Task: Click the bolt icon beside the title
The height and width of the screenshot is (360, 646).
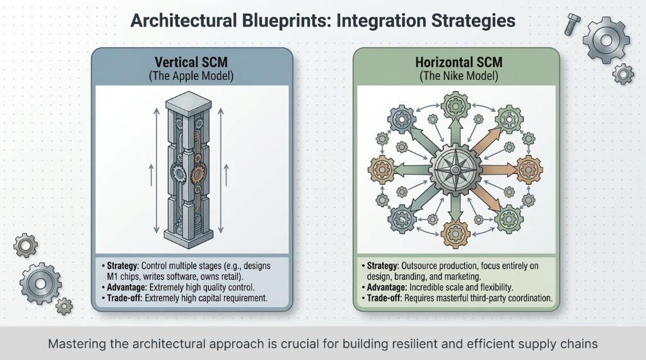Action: click(572, 23)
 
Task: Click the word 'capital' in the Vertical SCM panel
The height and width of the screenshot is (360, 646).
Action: click(218, 298)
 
